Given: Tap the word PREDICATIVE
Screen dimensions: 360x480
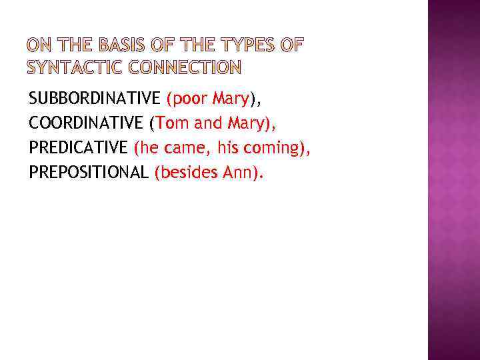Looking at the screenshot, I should pyautogui.click(x=78, y=147).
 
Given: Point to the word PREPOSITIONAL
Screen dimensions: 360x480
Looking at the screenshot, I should pyautogui.click(x=88, y=172).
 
